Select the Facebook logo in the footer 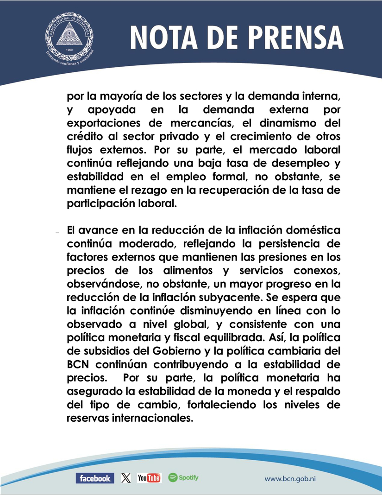point(94,478)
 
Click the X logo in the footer point(125,478)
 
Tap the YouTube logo point(149,478)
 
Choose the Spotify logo point(183,477)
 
